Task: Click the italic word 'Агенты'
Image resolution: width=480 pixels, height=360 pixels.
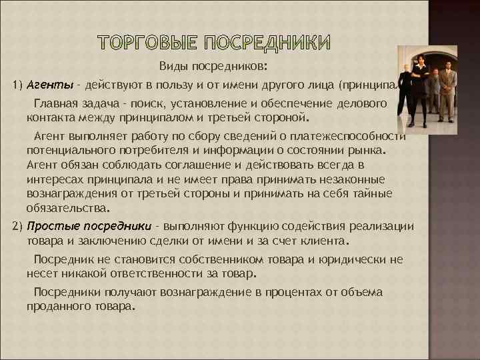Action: point(46,85)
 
